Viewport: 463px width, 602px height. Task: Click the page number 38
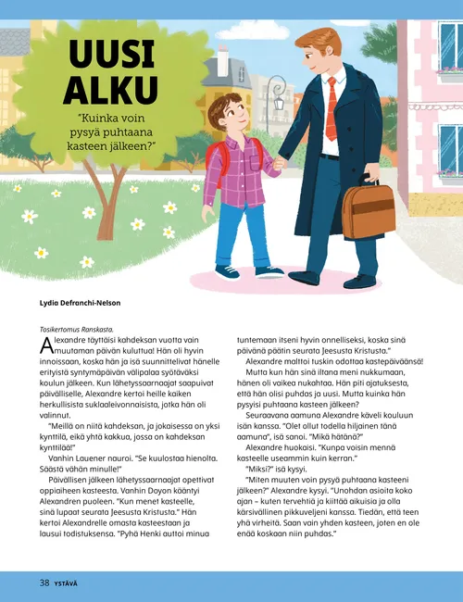click(x=44, y=583)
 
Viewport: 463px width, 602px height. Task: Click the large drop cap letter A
click(x=46, y=346)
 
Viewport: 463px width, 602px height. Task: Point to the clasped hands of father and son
click(x=280, y=165)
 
